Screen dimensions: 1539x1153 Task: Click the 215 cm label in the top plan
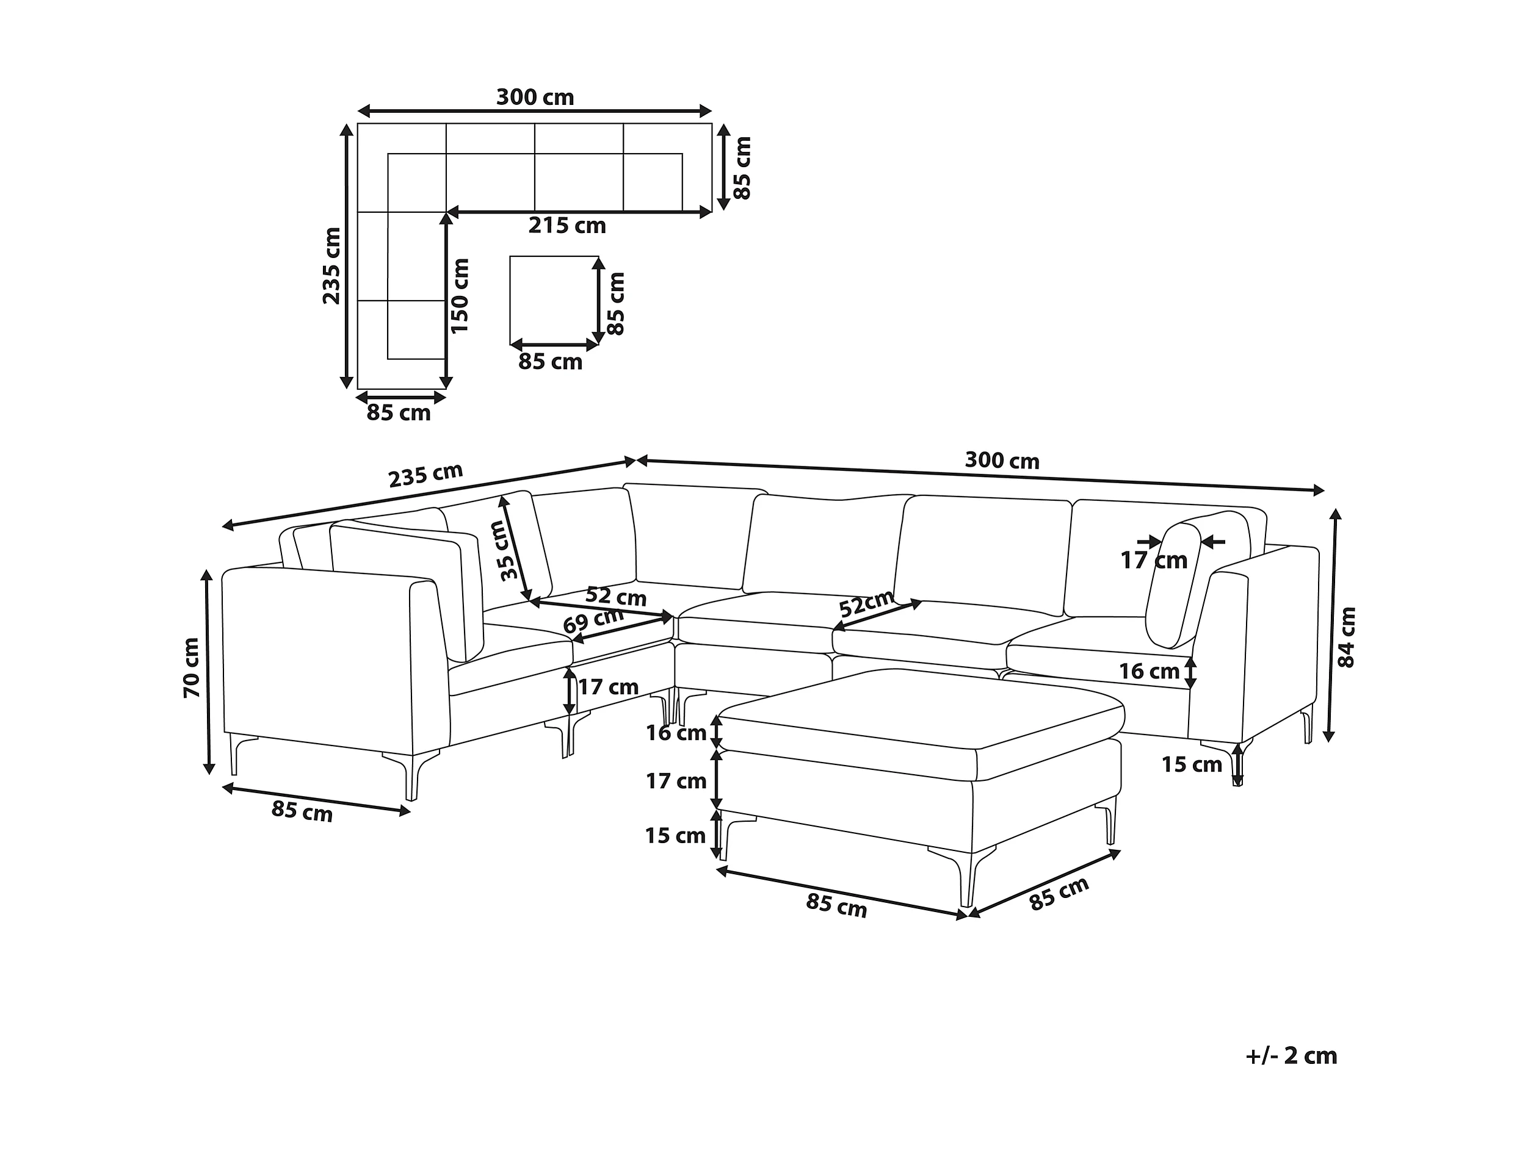tap(567, 226)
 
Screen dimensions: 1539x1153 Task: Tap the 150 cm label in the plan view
tap(460, 295)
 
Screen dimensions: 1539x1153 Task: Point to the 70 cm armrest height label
tap(190, 667)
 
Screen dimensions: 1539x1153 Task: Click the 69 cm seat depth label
tap(593, 620)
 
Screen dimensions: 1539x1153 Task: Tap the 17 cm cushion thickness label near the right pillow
tap(1154, 561)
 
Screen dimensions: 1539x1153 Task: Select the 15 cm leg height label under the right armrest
tap(1191, 765)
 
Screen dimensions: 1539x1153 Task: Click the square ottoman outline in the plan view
tap(554, 300)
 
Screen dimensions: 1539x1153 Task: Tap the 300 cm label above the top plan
tap(534, 98)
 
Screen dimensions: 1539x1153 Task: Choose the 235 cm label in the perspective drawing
tap(425, 475)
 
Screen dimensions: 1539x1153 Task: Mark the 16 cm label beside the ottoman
tap(676, 733)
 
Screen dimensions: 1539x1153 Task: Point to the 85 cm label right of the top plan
tap(743, 168)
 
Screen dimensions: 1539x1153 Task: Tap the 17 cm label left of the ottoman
tap(676, 781)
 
